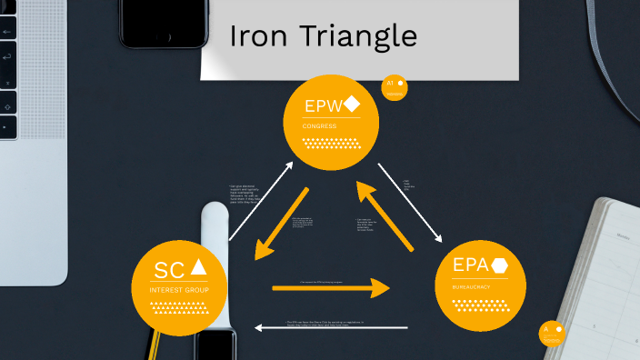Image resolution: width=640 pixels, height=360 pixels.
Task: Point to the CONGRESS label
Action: point(320,125)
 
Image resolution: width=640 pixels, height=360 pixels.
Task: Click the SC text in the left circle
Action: point(169,269)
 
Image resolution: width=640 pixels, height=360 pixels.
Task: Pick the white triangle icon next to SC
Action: point(199,268)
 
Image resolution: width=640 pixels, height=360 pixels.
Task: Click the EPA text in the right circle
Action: point(472,265)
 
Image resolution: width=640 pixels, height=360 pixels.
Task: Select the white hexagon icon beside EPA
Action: point(499,265)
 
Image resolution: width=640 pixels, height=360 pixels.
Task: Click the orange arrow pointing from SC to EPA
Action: point(331,288)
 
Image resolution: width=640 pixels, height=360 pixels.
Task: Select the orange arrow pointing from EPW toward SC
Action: point(283,222)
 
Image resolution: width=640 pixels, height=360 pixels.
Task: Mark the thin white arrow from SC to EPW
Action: point(260,201)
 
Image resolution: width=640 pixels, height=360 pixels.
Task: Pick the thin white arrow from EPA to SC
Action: point(331,327)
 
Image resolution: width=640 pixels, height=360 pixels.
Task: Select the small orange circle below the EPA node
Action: point(551,332)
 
